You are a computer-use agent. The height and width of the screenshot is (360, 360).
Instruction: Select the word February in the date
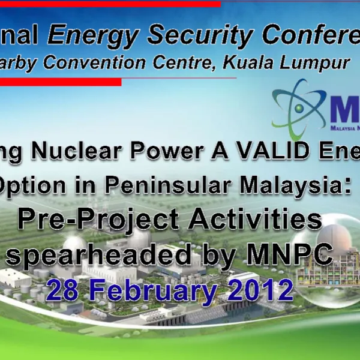[x=154, y=292]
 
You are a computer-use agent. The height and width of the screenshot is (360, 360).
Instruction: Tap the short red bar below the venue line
[x=60, y=82]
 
